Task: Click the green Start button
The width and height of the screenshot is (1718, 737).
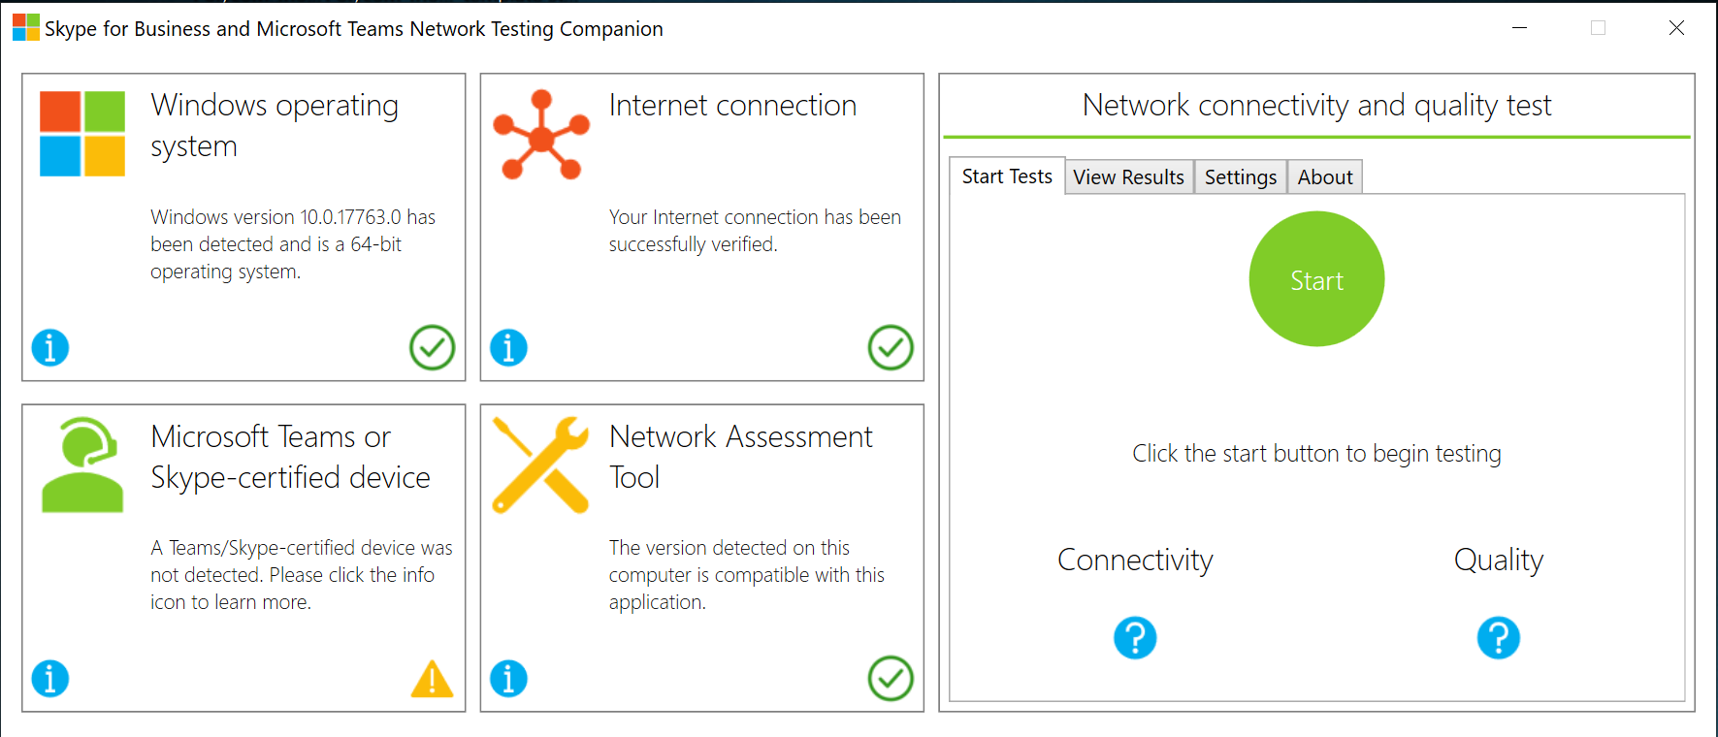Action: pyautogui.click(x=1316, y=279)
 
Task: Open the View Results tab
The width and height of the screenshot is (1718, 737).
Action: pyautogui.click(x=1129, y=177)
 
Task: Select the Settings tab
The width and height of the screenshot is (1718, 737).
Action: pyautogui.click(x=1241, y=177)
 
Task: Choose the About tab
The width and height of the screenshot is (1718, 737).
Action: pyautogui.click(x=1325, y=177)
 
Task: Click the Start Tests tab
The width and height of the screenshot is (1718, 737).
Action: pyautogui.click(x=1007, y=176)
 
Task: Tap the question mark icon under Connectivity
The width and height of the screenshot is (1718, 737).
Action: pyautogui.click(x=1135, y=638)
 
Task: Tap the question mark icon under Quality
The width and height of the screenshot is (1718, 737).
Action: pyautogui.click(x=1499, y=638)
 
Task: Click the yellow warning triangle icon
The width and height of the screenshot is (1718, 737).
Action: pyautogui.click(x=432, y=679)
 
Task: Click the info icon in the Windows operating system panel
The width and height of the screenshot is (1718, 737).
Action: pyautogui.click(x=50, y=347)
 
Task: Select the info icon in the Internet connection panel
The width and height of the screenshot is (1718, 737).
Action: pyautogui.click(x=508, y=347)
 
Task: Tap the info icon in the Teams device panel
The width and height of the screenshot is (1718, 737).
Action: pyautogui.click(x=50, y=679)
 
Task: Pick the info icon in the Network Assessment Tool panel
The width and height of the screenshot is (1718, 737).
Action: pyautogui.click(x=508, y=679)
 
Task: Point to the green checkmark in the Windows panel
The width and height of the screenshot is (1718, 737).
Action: pyautogui.click(x=432, y=347)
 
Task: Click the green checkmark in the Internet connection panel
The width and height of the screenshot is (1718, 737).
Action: pyautogui.click(x=891, y=347)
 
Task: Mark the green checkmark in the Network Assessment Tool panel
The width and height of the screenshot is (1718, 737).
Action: pyautogui.click(x=891, y=679)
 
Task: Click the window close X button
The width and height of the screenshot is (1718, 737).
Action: pyautogui.click(x=1676, y=28)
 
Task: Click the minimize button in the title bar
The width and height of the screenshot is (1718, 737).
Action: pyautogui.click(x=1520, y=28)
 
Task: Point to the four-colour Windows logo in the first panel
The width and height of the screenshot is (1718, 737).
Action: pyautogui.click(x=82, y=134)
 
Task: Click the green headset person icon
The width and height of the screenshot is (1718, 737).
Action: pyautogui.click(x=82, y=465)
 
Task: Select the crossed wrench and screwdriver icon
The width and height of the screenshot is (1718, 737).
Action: pyautogui.click(x=541, y=465)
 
